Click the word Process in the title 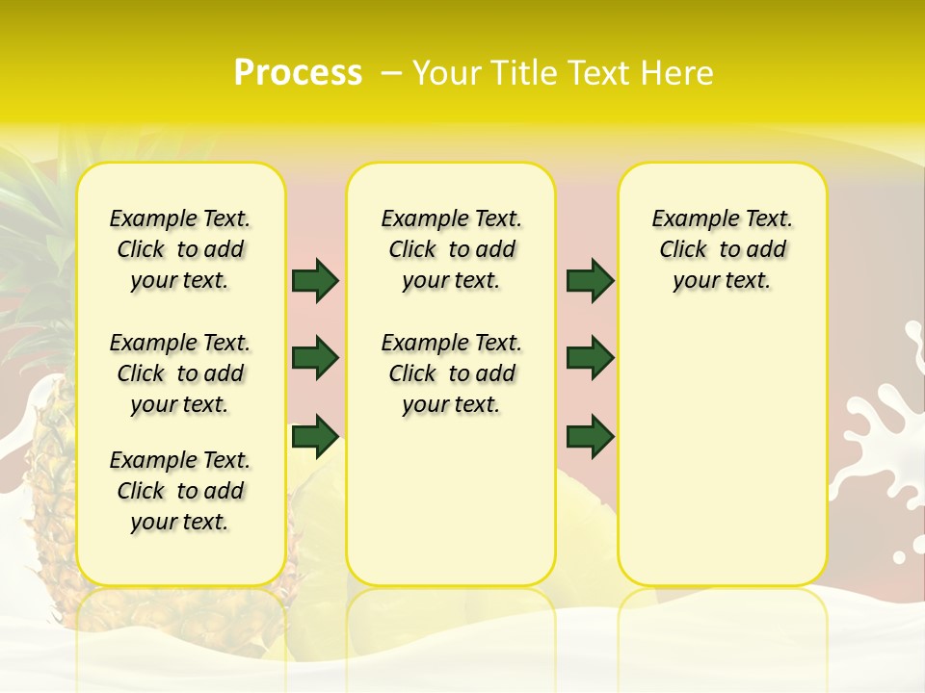tap(298, 72)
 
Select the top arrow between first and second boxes tap(315, 280)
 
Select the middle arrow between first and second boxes tap(315, 358)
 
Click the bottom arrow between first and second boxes tap(315, 436)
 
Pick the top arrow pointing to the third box tap(590, 280)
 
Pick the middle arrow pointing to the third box tap(590, 358)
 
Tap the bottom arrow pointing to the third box tap(590, 436)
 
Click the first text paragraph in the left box tap(180, 249)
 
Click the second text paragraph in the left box tap(180, 373)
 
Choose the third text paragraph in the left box tap(180, 491)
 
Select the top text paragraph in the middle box tap(451, 249)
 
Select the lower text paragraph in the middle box tap(451, 373)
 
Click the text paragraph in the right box tap(723, 249)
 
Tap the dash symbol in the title tap(391, 73)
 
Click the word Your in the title tap(447, 73)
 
